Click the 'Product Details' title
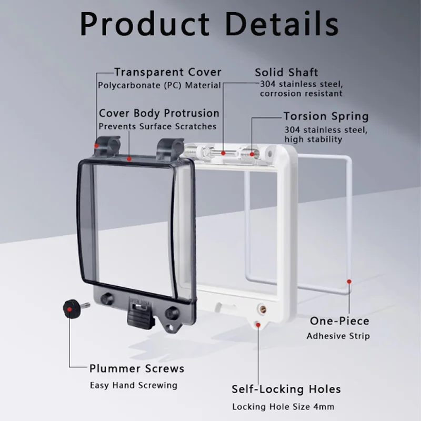click(209, 24)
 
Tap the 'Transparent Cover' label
click(168, 72)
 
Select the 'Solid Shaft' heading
click(286, 72)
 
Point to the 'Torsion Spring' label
click(326, 116)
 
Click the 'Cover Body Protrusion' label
click(159, 113)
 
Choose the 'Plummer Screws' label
click(137, 368)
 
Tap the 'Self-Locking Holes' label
click(286, 389)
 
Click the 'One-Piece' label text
click(339, 321)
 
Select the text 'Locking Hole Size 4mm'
click(283, 407)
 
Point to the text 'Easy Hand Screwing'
click(134, 385)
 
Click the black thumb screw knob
click(71, 309)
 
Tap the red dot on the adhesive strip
click(349, 282)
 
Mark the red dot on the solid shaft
click(223, 153)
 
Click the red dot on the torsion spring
click(252, 154)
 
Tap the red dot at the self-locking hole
click(258, 325)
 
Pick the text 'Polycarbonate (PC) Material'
click(159, 85)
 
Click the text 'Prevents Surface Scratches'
click(157, 126)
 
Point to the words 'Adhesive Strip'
click(338, 336)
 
